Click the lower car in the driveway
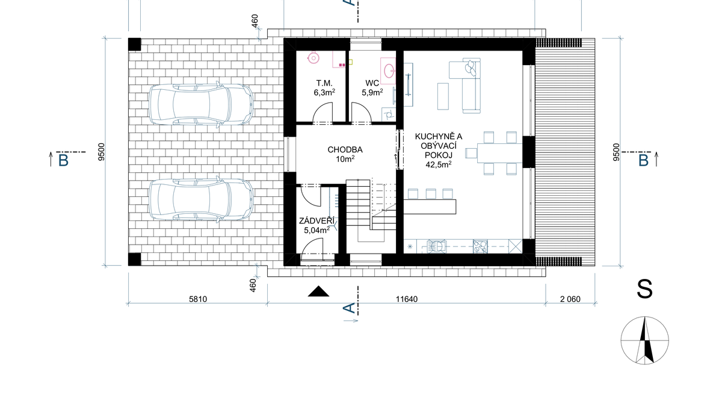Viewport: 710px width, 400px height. coord(201,199)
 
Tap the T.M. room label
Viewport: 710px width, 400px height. coord(324,84)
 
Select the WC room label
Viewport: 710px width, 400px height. coord(372,84)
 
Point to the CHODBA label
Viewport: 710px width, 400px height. coord(345,149)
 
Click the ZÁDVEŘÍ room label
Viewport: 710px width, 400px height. coord(317,221)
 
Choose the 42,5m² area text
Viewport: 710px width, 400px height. coord(438,164)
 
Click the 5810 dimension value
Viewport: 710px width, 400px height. coord(198,299)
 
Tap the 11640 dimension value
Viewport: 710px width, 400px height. coord(407,299)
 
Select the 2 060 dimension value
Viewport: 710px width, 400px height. coord(570,299)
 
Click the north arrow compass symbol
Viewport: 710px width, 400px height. coord(645,340)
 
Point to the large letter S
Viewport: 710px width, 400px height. coord(644,289)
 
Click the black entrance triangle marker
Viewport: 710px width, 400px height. coord(318,291)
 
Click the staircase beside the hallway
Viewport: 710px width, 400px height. coord(371,211)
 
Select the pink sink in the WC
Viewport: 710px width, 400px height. coord(389,70)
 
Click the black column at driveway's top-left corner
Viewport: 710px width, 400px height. coord(135,45)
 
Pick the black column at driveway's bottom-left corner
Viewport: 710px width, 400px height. coord(135,260)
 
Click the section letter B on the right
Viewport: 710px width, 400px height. coord(643,161)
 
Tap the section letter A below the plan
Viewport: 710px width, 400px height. coord(349,308)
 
